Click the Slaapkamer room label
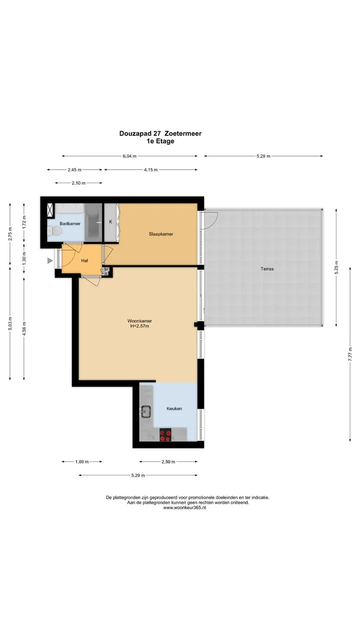coord(161,234)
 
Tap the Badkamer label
coord(70,223)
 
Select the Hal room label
coord(84,260)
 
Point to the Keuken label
coord(174,408)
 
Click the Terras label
coord(267,269)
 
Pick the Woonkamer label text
coord(139,321)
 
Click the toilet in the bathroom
coord(54,231)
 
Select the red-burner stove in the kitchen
coord(165,435)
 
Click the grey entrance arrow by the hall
coord(50,260)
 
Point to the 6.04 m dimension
coord(129,156)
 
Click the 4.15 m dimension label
coord(150,169)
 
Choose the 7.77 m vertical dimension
coord(350,354)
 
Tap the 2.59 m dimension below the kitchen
coord(168,461)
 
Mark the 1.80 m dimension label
coord(82,461)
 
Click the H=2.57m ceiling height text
coord(139,326)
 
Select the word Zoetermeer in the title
coord(183,133)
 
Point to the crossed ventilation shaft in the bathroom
coord(51,209)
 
